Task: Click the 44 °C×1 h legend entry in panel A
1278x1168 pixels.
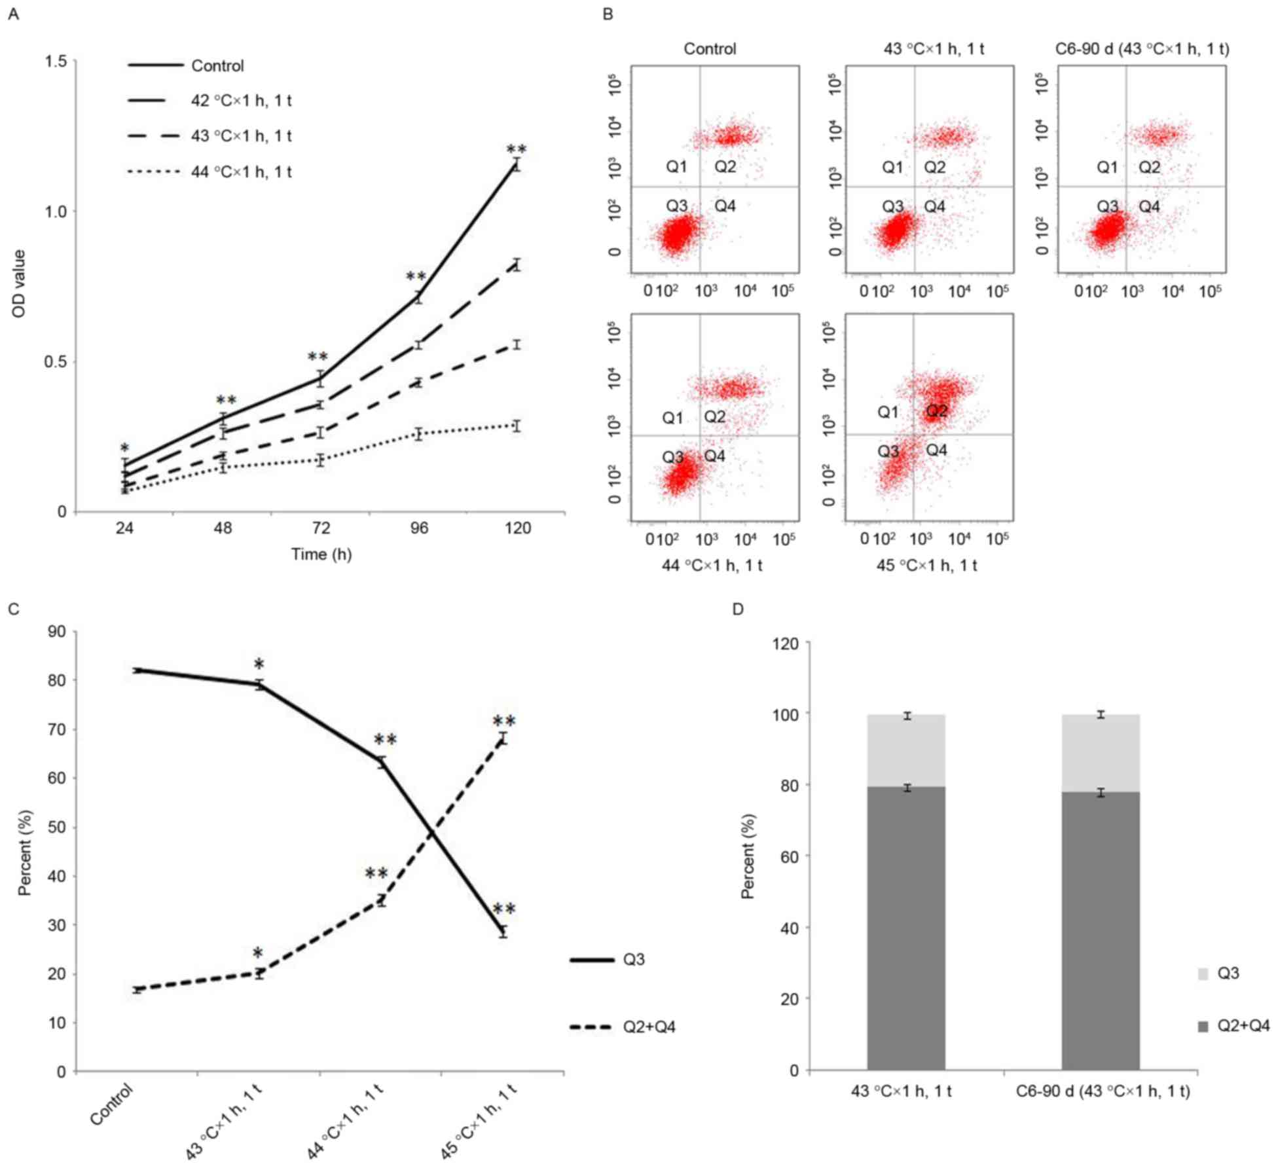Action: point(241,172)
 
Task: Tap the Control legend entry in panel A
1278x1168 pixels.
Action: point(217,65)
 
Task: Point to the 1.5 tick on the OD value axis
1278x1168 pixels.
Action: point(56,61)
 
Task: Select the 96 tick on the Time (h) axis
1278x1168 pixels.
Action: point(419,528)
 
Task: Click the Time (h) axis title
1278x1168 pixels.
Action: point(321,555)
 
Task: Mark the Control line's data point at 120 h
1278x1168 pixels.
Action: point(517,164)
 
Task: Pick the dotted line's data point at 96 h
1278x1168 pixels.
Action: point(419,433)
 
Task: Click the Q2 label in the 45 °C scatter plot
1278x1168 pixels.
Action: point(936,411)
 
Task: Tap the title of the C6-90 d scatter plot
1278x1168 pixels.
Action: point(1142,49)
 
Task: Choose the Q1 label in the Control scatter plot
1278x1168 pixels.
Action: point(676,167)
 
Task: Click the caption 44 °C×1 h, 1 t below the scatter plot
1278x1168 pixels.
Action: point(712,565)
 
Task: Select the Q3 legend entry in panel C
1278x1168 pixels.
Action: point(634,960)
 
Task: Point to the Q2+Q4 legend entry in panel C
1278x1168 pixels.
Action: point(648,1027)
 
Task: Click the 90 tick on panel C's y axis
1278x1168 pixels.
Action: point(58,631)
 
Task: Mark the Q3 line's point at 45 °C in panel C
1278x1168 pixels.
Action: point(503,932)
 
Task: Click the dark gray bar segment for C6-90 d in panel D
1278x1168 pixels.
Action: point(1101,930)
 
